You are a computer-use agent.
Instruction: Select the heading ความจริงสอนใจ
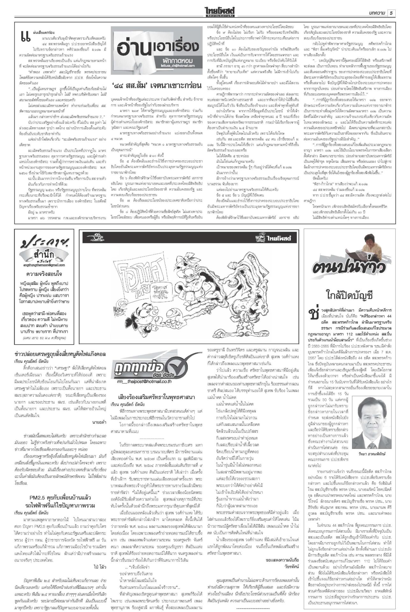[x=44, y=274]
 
